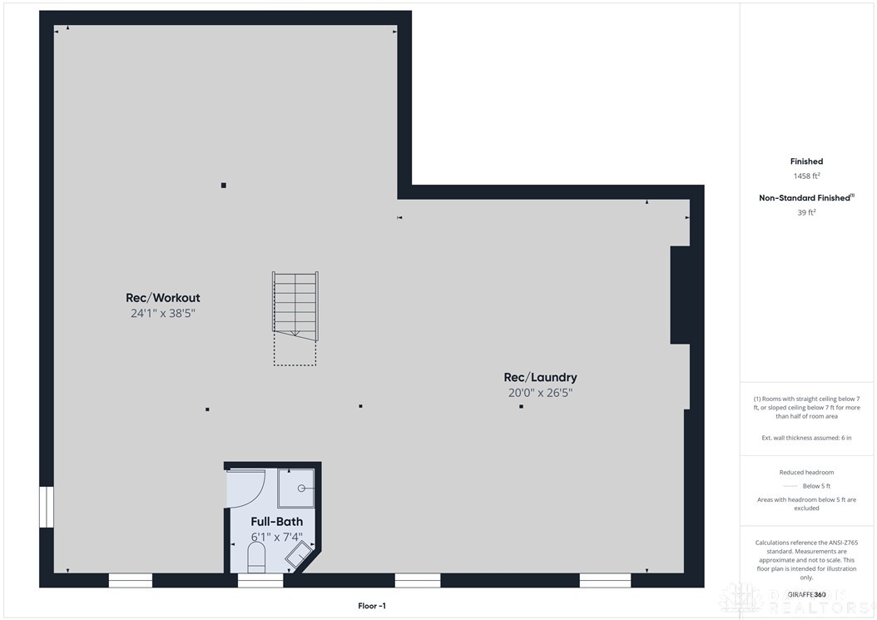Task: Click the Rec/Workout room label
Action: pos(162,298)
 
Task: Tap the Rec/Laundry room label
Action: pos(540,377)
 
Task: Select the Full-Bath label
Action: pos(277,522)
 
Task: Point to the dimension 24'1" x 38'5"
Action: pos(162,314)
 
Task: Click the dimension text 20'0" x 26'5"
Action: pos(540,393)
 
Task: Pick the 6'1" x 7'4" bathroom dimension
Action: pos(277,537)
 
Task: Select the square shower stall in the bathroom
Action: pos(296,488)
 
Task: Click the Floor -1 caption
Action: pos(372,606)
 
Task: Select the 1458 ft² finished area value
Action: pos(806,176)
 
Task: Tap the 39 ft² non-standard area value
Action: pos(806,212)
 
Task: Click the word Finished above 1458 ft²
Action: pos(806,161)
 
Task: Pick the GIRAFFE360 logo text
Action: pos(806,594)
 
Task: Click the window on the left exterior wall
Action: pos(47,507)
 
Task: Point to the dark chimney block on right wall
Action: pos(680,295)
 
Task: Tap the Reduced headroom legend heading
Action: pos(806,472)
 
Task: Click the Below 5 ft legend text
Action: pos(816,486)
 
